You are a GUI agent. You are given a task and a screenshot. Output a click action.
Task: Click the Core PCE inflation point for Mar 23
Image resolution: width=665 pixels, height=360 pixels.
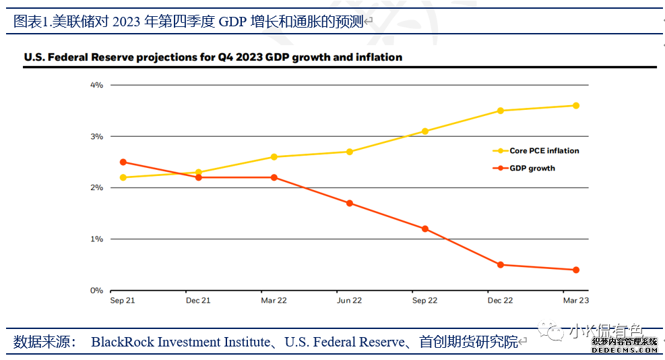pyautogui.click(x=576, y=105)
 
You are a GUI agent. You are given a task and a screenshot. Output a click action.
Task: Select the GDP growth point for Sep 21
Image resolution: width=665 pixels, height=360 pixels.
pyautogui.click(x=123, y=162)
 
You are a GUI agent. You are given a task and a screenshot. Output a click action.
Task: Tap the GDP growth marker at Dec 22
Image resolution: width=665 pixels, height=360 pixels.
pyautogui.click(x=501, y=265)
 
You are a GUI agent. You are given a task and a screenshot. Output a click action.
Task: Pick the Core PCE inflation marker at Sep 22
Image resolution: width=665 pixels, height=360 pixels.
pyautogui.click(x=425, y=131)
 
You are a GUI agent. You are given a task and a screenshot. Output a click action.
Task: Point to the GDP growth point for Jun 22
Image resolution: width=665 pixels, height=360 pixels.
pyautogui.click(x=350, y=203)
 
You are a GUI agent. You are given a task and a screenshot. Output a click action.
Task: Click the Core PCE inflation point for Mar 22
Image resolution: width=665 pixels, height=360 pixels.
pyautogui.click(x=274, y=157)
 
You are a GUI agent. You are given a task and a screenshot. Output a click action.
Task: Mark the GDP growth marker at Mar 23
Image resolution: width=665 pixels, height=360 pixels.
pyautogui.click(x=576, y=270)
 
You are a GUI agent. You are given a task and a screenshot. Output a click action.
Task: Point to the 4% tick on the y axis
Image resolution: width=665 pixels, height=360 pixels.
pyautogui.click(x=96, y=85)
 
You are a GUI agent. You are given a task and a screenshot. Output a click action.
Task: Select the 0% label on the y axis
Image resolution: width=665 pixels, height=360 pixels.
pyautogui.click(x=96, y=291)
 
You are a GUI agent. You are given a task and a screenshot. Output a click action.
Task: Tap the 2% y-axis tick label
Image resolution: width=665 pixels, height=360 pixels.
pyautogui.click(x=96, y=187)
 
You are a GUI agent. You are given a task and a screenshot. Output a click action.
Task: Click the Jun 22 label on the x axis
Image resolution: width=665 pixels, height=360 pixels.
pyautogui.click(x=349, y=301)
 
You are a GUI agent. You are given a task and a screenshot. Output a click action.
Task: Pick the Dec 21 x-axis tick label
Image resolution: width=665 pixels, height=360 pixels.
pyautogui.click(x=198, y=301)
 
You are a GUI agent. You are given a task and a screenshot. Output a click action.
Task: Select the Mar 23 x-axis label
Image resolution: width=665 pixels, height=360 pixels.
pyautogui.click(x=575, y=301)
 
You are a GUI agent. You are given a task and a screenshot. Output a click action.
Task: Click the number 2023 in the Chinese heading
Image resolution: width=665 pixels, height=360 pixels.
pyautogui.click(x=125, y=21)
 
